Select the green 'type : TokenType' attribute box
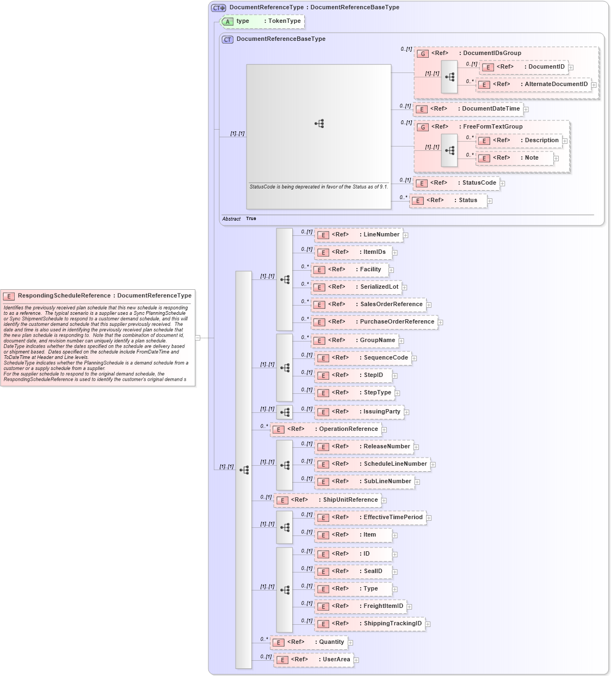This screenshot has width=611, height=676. (262, 21)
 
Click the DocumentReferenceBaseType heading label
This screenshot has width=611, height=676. (281, 39)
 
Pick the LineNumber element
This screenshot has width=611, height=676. (359, 235)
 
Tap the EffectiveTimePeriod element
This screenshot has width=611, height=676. (371, 517)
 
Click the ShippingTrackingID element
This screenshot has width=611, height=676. (370, 624)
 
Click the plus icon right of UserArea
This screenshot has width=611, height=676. (356, 660)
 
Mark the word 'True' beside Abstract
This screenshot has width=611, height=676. (251, 219)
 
